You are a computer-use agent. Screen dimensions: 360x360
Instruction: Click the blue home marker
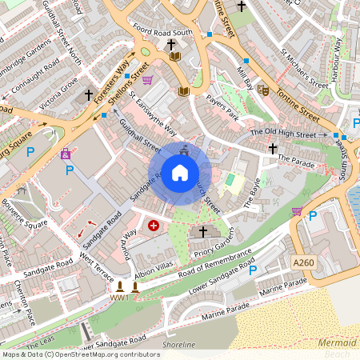coord(180,173)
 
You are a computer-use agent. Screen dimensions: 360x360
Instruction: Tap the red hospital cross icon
coord(153,227)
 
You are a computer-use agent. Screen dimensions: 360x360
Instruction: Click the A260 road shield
coord(304,262)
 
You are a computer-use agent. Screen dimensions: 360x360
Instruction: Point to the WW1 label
coord(120,298)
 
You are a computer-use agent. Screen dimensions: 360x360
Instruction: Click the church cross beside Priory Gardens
coord(202,232)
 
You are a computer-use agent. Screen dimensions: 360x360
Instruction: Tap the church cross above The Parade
coord(273,148)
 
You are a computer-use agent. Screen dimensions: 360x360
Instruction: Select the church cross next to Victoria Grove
coord(89,94)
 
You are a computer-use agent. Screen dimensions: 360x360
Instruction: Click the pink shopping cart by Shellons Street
coord(148,80)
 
